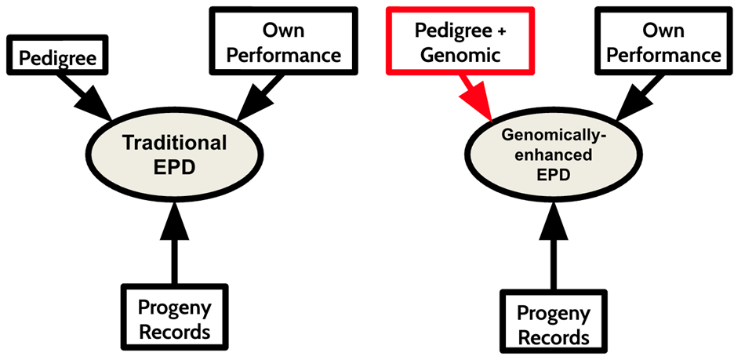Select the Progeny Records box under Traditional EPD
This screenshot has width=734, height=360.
tap(174, 318)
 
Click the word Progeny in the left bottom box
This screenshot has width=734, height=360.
tap(174, 307)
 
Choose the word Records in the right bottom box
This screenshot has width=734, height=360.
tap(554, 337)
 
